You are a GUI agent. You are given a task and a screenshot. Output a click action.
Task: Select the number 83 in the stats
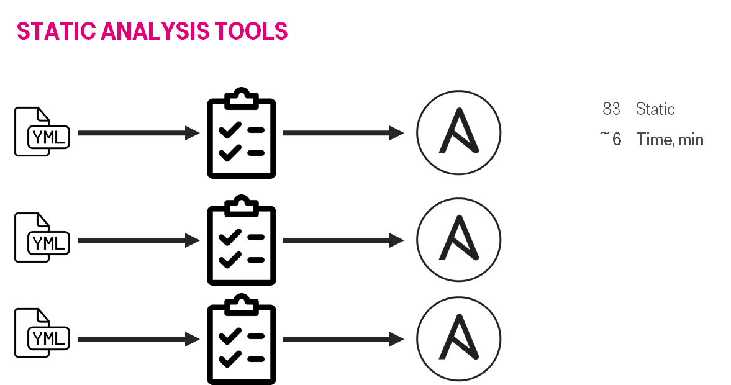tap(611, 109)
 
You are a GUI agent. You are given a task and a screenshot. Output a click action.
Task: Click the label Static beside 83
tap(655, 109)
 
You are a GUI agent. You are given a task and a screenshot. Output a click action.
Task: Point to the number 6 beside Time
tap(616, 139)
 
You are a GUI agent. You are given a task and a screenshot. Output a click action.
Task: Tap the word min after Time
tap(691, 139)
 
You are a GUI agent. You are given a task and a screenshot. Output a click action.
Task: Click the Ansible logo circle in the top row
tap(458, 132)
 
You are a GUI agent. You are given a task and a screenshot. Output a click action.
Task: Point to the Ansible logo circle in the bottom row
tap(458, 339)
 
